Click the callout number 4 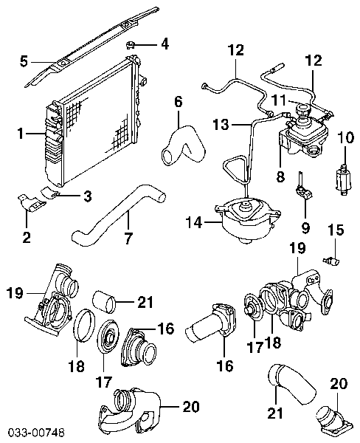165,44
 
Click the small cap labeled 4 130,44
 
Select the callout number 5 24,62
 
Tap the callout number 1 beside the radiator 21,134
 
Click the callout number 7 128,238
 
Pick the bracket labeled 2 31,202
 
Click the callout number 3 88,196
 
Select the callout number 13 221,124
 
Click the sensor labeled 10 344,179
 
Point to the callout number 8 280,177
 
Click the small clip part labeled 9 303,190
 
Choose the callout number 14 194,222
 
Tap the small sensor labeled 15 331,261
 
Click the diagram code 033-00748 36,432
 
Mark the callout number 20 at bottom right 339,384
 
